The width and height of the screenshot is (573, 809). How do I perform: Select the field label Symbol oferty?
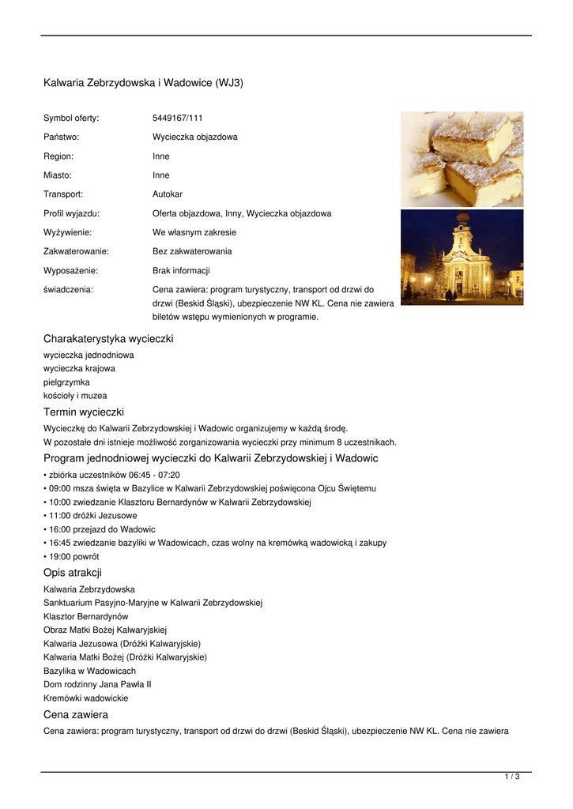71,118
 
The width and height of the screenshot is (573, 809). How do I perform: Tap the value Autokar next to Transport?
168,194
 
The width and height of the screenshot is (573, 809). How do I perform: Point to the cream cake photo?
462,159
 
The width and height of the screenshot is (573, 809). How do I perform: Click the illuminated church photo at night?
462,257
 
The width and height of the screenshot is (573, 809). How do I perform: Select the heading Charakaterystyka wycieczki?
108,339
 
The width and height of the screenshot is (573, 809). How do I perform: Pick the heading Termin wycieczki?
84,412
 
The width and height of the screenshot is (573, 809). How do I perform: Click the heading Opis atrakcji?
73,573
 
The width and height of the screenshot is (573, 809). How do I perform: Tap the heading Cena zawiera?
76,715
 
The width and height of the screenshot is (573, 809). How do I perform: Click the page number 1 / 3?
512,777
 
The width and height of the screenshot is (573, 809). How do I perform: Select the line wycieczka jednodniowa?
89,356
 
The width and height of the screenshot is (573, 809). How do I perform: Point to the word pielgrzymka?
66,382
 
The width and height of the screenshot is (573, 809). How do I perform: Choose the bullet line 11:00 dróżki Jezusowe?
92,516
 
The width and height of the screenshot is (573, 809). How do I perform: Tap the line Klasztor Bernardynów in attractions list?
86,616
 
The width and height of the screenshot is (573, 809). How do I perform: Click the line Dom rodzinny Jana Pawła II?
97,684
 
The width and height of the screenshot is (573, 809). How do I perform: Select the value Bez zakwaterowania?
192,251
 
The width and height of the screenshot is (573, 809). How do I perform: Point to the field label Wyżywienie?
67,232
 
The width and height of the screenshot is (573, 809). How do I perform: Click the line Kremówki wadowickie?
85,698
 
